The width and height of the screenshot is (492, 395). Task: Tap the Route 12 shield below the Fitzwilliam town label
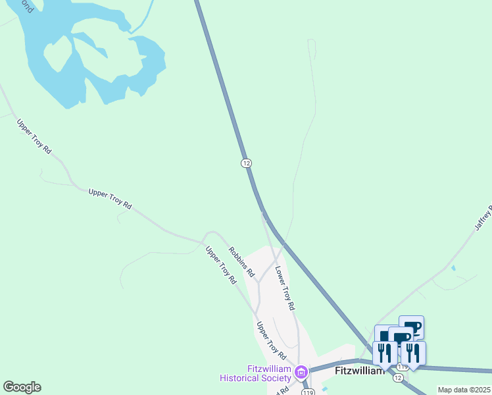pyautogui.click(x=397, y=377)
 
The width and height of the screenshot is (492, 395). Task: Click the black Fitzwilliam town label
pyautogui.click(x=359, y=371)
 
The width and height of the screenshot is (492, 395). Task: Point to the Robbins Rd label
pyautogui.click(x=241, y=261)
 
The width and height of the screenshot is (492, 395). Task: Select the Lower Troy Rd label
pyautogui.click(x=285, y=288)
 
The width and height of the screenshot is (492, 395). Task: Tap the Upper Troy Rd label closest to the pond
pyautogui.click(x=34, y=136)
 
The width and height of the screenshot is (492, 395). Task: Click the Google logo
pyautogui.click(x=22, y=387)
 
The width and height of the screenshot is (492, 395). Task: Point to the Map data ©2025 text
pyautogui.click(x=464, y=390)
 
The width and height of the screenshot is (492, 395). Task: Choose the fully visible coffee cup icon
pyautogui.click(x=412, y=327)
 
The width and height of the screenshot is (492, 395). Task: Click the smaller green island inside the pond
pyautogui.click(x=57, y=53)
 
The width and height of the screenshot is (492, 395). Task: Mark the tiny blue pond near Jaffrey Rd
pyautogui.click(x=453, y=269)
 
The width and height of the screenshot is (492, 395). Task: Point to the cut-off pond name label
pyautogui.click(x=26, y=7)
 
